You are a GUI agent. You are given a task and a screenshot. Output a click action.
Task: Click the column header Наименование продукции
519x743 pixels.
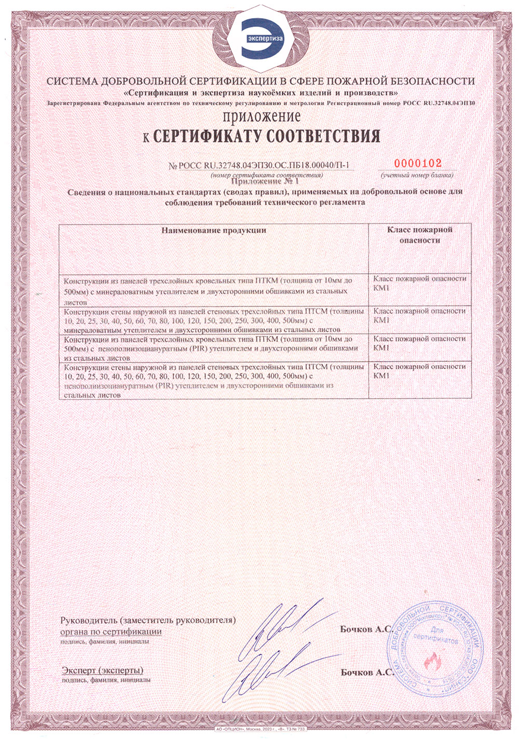click(x=213, y=230)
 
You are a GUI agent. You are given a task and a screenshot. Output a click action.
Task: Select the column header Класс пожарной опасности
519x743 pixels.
click(x=419, y=235)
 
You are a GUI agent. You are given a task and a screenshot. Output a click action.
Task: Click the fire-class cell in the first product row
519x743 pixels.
click(x=419, y=283)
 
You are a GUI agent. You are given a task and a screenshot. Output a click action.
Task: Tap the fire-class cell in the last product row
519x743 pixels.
click(x=419, y=371)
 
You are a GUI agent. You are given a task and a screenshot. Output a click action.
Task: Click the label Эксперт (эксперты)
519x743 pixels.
click(x=103, y=670)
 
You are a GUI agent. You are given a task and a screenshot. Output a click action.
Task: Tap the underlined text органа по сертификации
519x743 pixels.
click(x=111, y=632)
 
